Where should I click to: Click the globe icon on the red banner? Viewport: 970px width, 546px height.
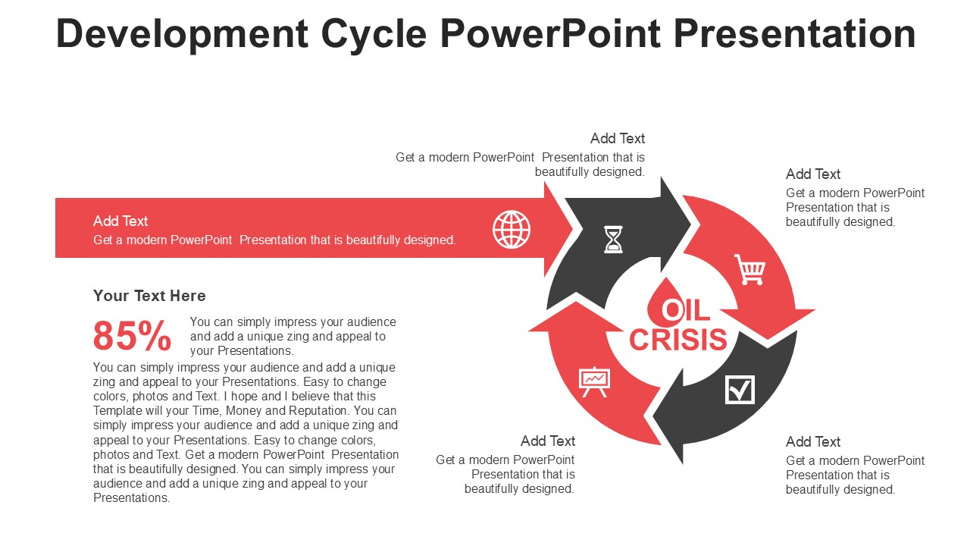(x=512, y=229)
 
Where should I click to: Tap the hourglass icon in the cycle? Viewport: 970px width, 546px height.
(x=613, y=239)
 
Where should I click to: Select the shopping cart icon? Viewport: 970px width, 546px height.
(x=749, y=269)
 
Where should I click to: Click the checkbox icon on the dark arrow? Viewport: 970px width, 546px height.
(x=740, y=389)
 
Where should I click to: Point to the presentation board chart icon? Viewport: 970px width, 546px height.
(x=594, y=381)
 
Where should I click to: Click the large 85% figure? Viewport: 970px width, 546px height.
(x=133, y=336)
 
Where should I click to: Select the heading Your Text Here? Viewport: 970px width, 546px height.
(x=149, y=296)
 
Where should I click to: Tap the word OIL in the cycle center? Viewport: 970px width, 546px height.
(x=686, y=310)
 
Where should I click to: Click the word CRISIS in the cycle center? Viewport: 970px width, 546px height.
(x=678, y=340)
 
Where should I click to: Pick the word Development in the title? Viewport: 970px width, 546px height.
(x=182, y=33)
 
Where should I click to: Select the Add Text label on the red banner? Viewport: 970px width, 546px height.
(x=120, y=221)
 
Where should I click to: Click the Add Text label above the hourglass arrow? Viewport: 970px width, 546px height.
(x=618, y=138)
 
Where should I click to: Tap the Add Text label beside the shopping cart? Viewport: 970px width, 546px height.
(x=813, y=174)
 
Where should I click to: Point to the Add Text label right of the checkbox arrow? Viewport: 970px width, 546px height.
(x=813, y=441)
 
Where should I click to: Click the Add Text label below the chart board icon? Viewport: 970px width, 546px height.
(x=548, y=441)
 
